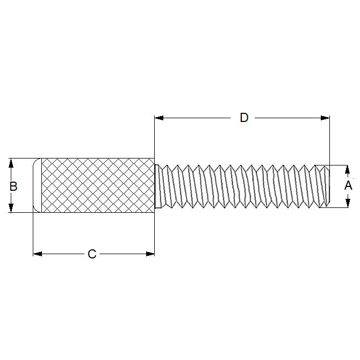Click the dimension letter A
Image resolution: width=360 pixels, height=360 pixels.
pos(348,186)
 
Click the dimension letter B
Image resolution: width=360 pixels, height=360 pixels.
pos(13,186)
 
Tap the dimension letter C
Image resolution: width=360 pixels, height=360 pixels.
pos(92,254)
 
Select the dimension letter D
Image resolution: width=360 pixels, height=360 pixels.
pos(244,118)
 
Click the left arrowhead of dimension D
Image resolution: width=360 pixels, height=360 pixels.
pos(159,118)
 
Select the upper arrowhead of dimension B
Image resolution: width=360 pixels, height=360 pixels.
pos(10,162)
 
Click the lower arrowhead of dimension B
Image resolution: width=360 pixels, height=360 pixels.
pos(10,208)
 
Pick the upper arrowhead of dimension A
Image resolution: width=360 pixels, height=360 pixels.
pos(348,170)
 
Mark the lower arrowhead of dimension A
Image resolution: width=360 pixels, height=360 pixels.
pos(348,202)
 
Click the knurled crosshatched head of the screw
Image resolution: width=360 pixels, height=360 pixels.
pos(97,185)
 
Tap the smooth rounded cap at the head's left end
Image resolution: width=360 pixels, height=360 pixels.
pos(38,185)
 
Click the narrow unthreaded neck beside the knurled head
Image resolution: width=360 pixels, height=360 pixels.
pos(156,185)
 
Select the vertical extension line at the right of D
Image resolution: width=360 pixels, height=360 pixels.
pos(329,140)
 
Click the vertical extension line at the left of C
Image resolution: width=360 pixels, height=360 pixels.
pos(33,231)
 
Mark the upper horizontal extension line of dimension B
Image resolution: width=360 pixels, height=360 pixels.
pos(21,158)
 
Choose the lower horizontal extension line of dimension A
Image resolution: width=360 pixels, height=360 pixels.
pos(336,207)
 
